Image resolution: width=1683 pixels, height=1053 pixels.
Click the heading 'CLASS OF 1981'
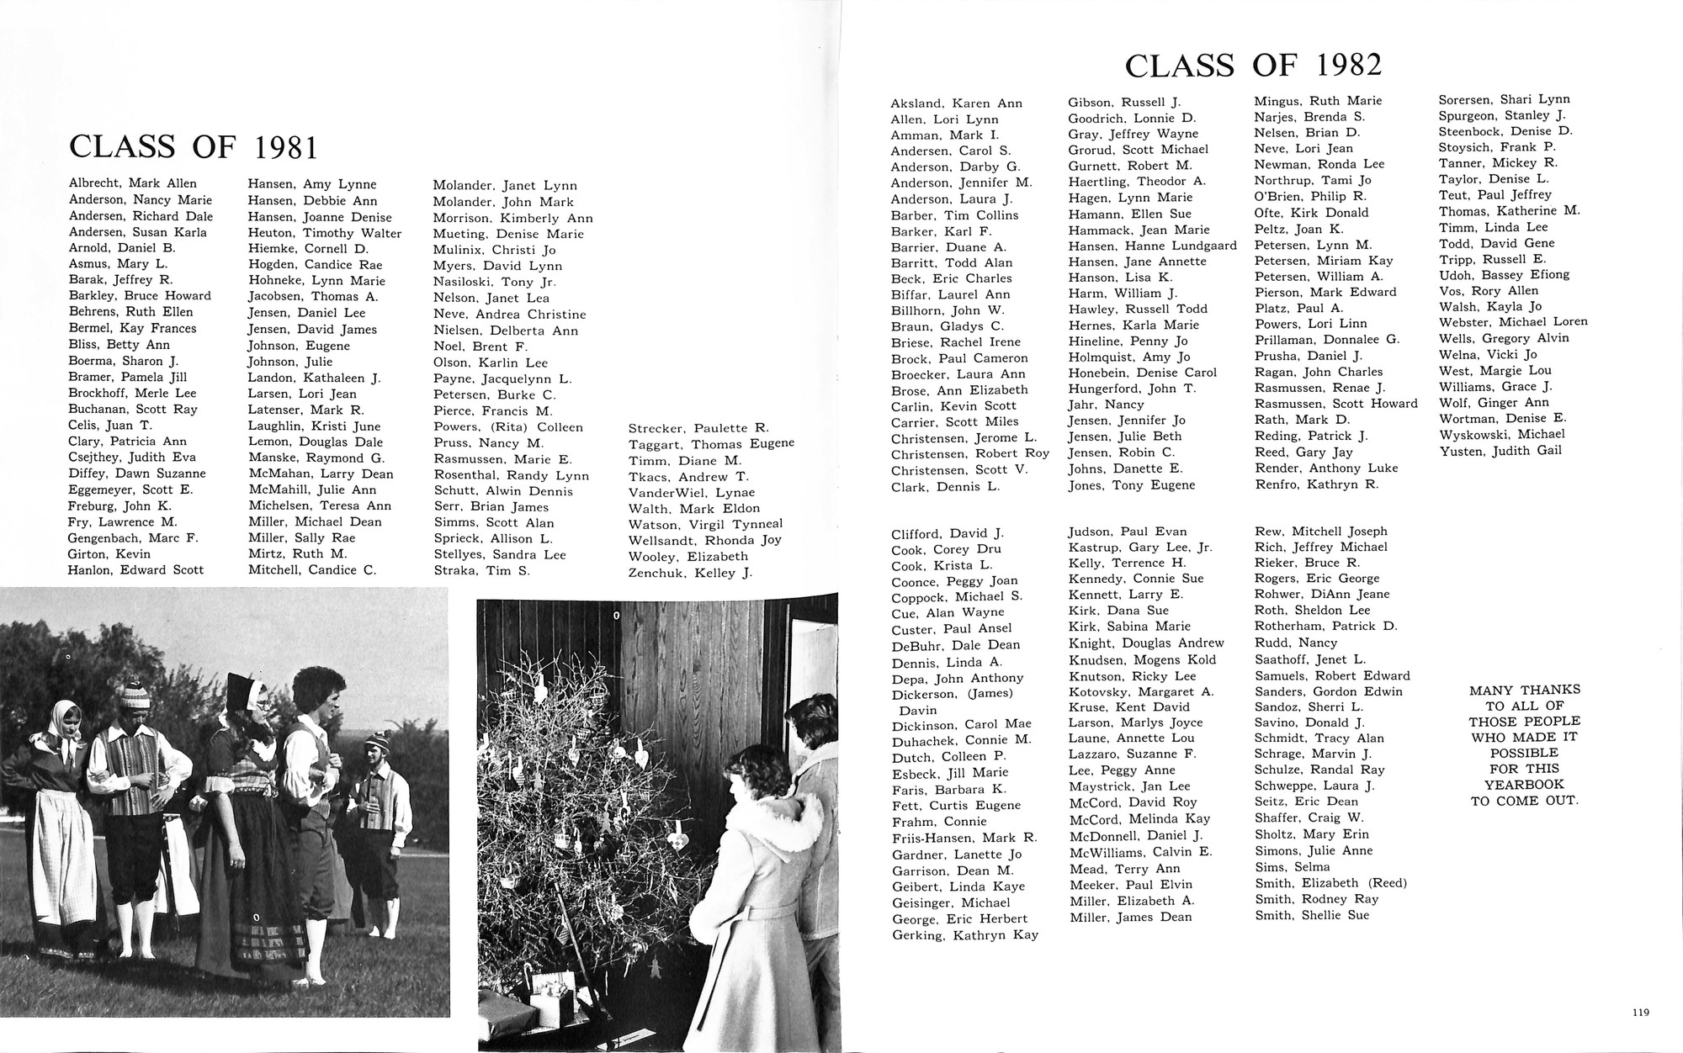[x=194, y=147]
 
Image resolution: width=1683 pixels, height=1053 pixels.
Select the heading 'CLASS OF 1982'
[x=1253, y=66]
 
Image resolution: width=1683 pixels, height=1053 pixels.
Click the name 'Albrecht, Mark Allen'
[x=133, y=183]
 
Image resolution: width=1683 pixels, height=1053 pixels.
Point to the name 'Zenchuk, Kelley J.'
[x=690, y=573]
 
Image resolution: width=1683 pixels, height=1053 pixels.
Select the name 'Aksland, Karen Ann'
[x=957, y=103]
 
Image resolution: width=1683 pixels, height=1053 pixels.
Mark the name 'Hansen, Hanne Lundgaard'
[x=1152, y=246]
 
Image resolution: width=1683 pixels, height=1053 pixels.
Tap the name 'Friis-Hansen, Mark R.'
[x=964, y=837]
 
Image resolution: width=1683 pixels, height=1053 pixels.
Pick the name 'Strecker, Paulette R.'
[x=698, y=428]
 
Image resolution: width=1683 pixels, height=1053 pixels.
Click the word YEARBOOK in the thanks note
[x=1524, y=785]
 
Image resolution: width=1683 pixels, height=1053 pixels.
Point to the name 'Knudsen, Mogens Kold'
[x=1142, y=660]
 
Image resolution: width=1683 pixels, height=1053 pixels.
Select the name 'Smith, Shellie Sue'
[x=1312, y=915]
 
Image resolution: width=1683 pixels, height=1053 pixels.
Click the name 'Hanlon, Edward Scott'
[x=135, y=569]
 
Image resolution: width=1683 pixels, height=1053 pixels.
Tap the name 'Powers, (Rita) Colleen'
[x=507, y=427]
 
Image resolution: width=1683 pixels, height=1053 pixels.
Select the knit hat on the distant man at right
[x=377, y=743]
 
